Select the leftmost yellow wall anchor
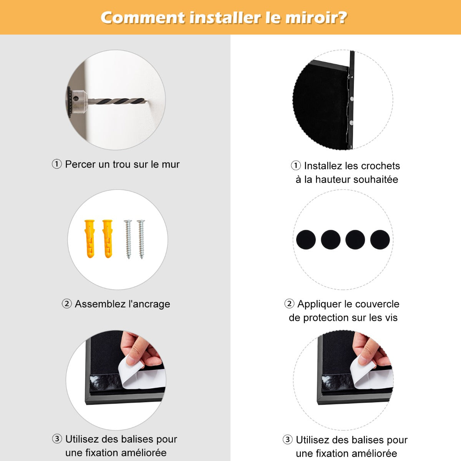[x=90, y=239]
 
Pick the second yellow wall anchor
[x=108, y=239]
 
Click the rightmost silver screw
[x=141, y=239]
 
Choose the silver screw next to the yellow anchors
[x=128, y=239]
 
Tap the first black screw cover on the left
[x=306, y=240]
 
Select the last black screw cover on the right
[x=380, y=240]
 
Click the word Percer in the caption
[x=80, y=164]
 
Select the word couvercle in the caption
[x=376, y=304]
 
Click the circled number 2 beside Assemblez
[x=67, y=304]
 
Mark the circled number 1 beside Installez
[x=295, y=166]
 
